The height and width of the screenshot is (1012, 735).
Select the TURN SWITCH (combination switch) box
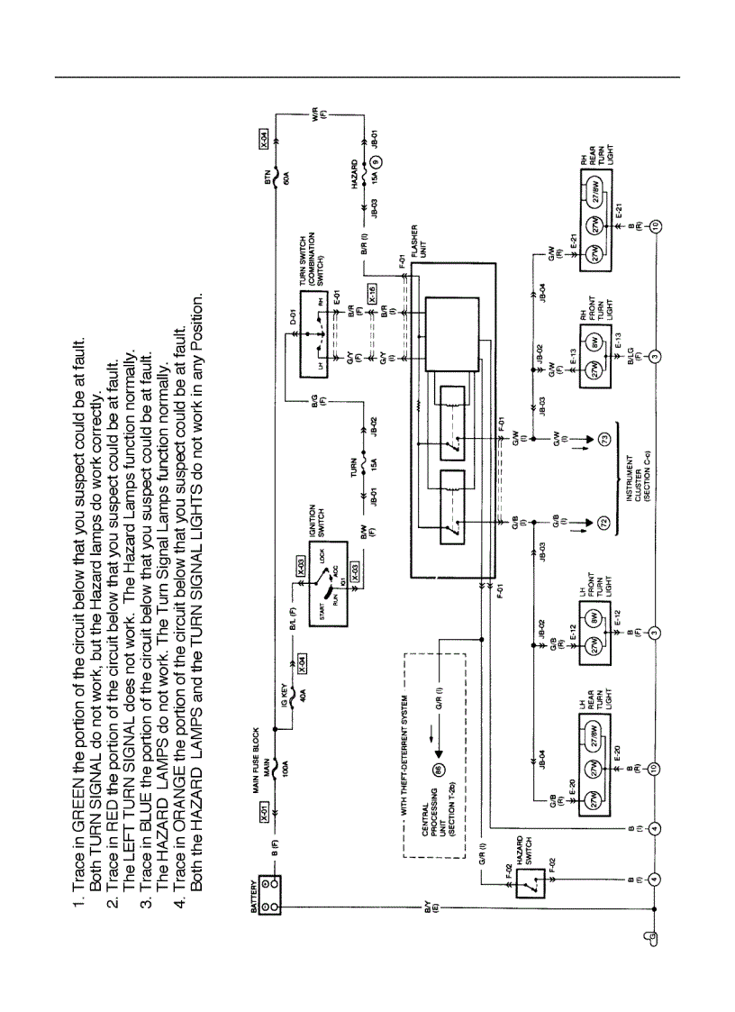[311, 342]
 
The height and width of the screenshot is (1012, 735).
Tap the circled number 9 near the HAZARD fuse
[377, 166]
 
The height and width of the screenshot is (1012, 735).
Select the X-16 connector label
[372, 291]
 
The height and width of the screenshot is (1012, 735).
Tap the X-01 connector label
[264, 816]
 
